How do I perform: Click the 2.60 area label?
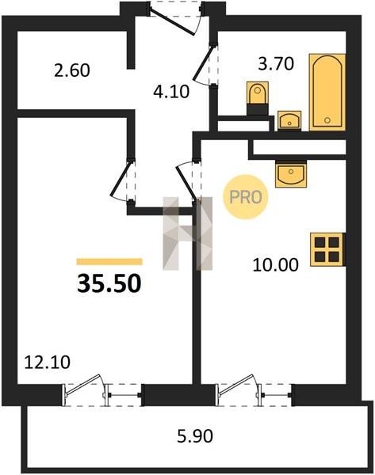(x=72, y=70)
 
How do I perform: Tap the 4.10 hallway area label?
(x=171, y=92)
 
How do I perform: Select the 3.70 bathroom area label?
(x=276, y=64)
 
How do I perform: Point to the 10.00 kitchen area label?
(x=275, y=265)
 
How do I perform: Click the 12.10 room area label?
(x=47, y=362)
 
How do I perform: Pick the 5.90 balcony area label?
(x=195, y=436)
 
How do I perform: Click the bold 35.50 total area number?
(x=109, y=283)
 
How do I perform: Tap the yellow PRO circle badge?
(x=246, y=197)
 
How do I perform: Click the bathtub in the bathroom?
(x=327, y=92)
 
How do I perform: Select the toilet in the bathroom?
(x=258, y=97)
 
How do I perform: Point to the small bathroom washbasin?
(x=289, y=120)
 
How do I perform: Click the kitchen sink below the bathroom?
(x=291, y=174)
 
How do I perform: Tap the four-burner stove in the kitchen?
(x=327, y=249)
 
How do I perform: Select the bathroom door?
(x=205, y=65)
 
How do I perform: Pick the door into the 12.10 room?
(x=122, y=180)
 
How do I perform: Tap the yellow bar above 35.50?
(x=109, y=261)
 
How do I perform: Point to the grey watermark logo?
(x=187, y=234)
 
